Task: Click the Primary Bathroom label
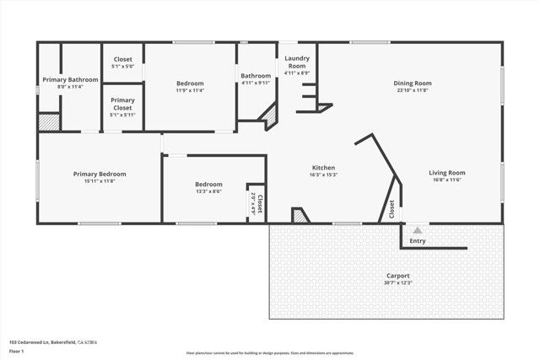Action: (x=70, y=79)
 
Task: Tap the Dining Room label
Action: (x=412, y=83)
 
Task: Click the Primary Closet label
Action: (x=122, y=104)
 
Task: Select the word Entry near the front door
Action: (x=418, y=241)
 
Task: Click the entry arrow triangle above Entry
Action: (x=416, y=228)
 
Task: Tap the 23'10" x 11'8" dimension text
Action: (x=412, y=90)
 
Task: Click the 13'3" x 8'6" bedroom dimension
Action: (x=208, y=191)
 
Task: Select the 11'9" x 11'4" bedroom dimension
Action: (x=190, y=90)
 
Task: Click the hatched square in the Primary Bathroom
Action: (x=50, y=122)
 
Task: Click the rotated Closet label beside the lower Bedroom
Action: (x=260, y=204)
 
